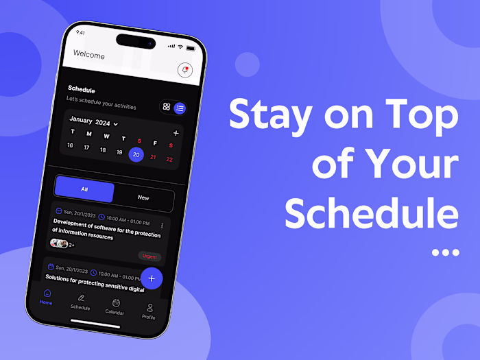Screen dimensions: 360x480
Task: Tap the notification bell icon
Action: click(x=184, y=70)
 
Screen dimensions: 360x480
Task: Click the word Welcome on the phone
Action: click(x=89, y=54)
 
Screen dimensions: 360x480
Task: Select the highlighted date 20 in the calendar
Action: click(x=136, y=155)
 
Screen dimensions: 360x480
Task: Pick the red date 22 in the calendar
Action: click(x=169, y=159)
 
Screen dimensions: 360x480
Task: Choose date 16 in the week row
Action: click(x=70, y=145)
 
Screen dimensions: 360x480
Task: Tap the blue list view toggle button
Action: click(x=180, y=108)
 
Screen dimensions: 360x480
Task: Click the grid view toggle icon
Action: click(x=167, y=106)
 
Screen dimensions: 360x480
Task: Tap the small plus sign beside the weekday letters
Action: click(x=176, y=133)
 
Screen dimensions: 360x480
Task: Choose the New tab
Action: click(x=143, y=197)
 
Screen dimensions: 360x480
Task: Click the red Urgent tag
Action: click(x=149, y=256)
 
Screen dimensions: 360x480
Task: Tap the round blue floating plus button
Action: click(x=151, y=278)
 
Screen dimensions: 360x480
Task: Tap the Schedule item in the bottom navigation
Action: click(x=81, y=302)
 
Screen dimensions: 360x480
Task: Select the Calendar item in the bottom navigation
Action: click(x=115, y=307)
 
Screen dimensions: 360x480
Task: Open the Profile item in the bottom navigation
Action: click(x=149, y=311)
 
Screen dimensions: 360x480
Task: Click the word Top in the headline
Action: click(x=424, y=114)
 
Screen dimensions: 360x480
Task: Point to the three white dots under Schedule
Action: click(x=445, y=252)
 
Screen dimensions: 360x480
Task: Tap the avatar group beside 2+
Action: click(x=59, y=243)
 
